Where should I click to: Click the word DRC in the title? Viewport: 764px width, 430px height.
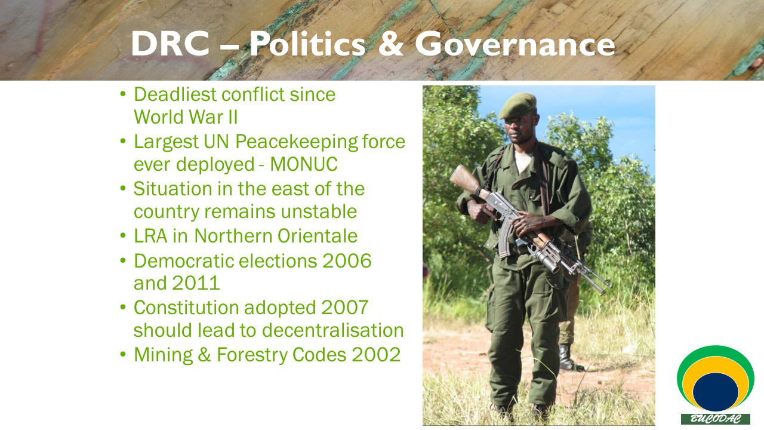[170, 44]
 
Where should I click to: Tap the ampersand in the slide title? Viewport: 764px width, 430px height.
[391, 44]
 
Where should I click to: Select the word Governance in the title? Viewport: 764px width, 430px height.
[515, 44]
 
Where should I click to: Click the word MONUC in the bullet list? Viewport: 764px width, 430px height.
[304, 164]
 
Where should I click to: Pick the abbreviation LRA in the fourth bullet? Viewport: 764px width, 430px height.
[150, 236]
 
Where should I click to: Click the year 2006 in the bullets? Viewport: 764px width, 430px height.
[347, 261]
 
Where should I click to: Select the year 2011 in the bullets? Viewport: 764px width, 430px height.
[196, 283]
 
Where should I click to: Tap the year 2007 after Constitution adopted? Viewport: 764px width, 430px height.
[344, 308]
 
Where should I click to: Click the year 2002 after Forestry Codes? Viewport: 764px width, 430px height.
[376, 355]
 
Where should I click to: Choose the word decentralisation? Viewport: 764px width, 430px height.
[333, 330]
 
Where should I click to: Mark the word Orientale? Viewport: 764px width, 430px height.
[317, 236]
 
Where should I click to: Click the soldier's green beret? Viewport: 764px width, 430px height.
[517, 106]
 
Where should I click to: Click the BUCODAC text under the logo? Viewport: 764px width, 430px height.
[715, 419]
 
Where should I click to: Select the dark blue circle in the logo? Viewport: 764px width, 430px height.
[716, 392]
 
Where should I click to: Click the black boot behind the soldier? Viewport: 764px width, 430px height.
[569, 358]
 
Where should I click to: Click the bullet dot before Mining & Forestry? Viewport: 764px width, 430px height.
[123, 354]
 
